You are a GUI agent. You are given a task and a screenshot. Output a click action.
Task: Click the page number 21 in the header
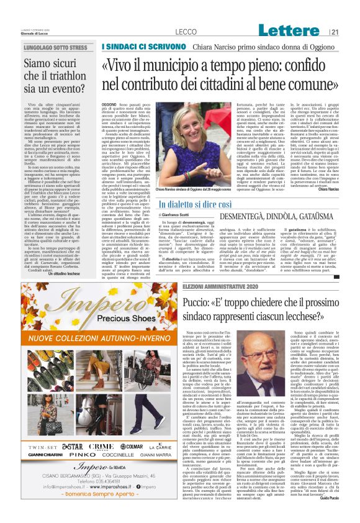[335, 32]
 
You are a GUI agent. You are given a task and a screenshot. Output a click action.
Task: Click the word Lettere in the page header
[290, 30]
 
